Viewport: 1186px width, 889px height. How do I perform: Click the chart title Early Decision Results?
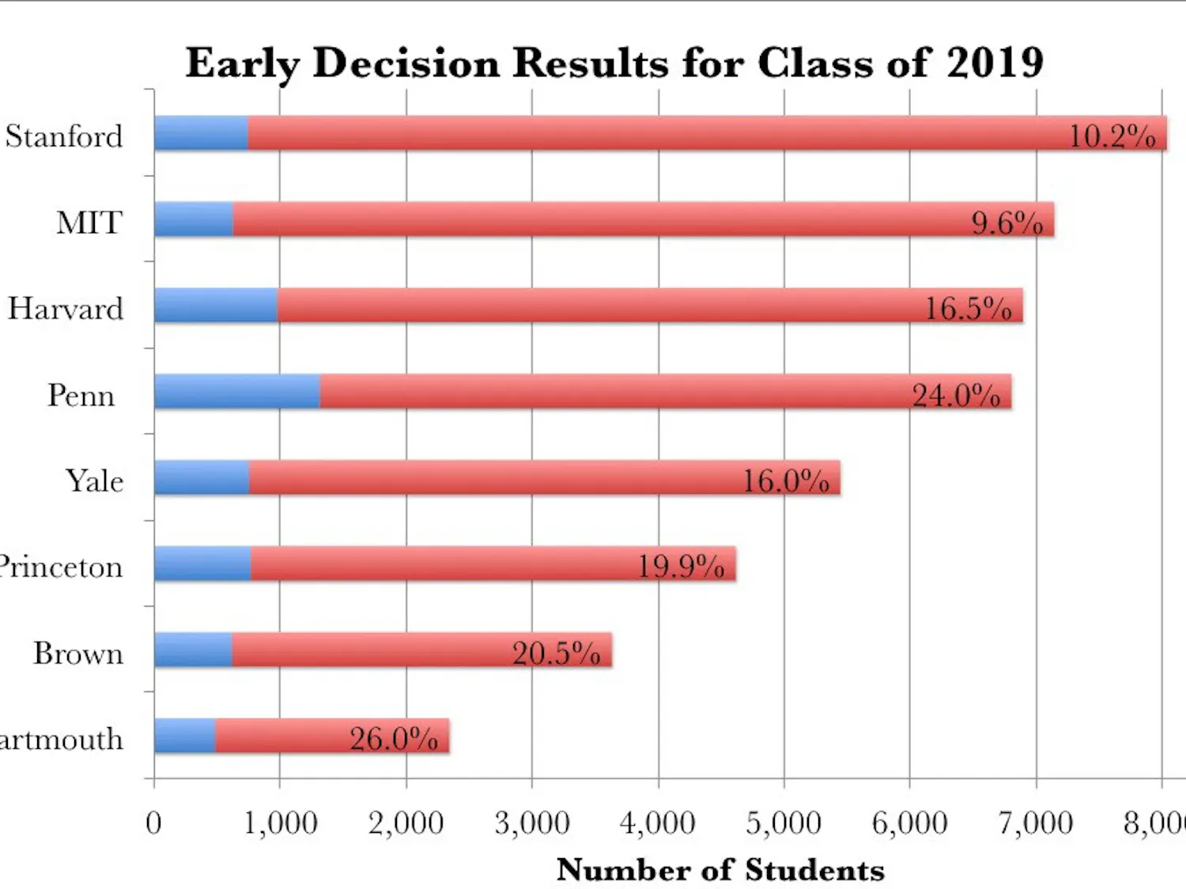614,62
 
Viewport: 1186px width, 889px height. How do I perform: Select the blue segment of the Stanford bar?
201,134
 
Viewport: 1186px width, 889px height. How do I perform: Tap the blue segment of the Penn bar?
237,391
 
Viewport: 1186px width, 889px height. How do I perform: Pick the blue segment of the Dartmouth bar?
185,736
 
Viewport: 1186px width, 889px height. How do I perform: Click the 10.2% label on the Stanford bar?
1112,136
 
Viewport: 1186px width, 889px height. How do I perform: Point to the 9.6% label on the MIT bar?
1007,223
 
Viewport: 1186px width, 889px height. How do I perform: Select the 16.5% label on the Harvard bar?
968,308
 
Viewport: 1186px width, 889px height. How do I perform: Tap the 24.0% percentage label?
956,394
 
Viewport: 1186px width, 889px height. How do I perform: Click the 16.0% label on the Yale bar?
785,480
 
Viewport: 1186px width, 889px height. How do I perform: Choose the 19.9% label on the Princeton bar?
681,567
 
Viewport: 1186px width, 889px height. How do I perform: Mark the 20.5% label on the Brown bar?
556,653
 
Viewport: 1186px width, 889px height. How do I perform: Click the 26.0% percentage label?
394,739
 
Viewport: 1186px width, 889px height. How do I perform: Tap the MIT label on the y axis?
89,223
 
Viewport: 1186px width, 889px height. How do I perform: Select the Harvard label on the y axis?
66,308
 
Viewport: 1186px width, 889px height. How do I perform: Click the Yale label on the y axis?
94,480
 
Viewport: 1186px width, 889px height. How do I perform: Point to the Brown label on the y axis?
78,654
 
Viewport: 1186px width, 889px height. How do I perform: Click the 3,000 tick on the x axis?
531,823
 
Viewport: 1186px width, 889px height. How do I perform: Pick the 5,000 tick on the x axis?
784,823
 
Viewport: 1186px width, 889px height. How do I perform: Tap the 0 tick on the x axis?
153,823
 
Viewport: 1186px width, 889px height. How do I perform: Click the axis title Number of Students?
720,869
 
